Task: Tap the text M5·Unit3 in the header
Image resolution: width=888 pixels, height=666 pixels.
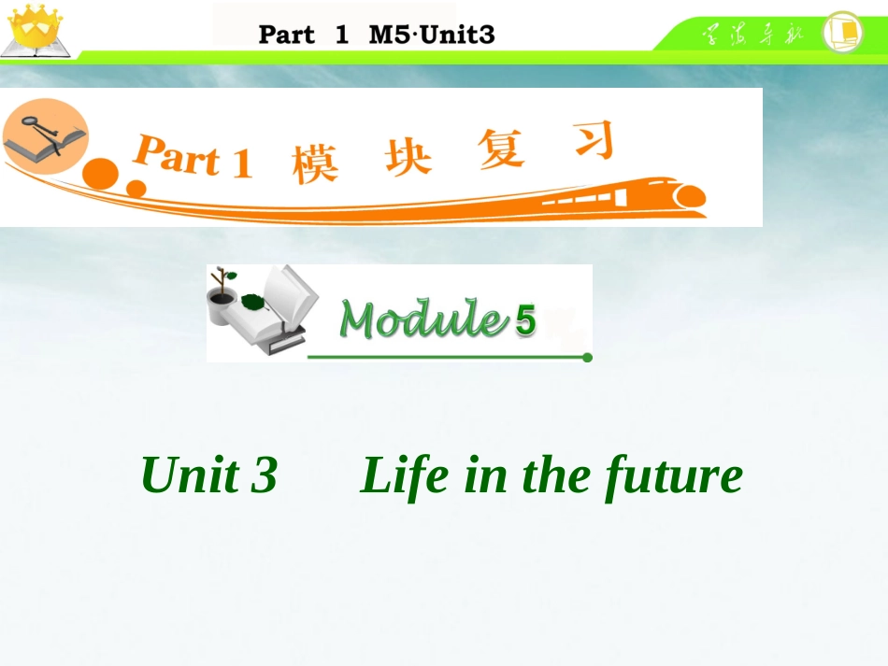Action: coord(432,35)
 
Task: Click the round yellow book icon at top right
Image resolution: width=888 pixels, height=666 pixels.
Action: coord(842,32)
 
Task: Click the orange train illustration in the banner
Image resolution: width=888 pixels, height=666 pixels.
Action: coord(636,195)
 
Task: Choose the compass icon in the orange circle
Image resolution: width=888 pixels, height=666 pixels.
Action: coord(43,134)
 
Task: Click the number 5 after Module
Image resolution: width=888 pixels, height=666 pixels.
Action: coord(525,321)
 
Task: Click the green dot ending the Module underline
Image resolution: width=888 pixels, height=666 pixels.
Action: coord(587,357)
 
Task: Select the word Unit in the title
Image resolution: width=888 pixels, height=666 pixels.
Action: coord(188,475)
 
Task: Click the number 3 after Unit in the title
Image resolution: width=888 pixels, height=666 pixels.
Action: coord(264,475)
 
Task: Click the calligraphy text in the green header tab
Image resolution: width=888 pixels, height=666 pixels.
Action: coord(752,36)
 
